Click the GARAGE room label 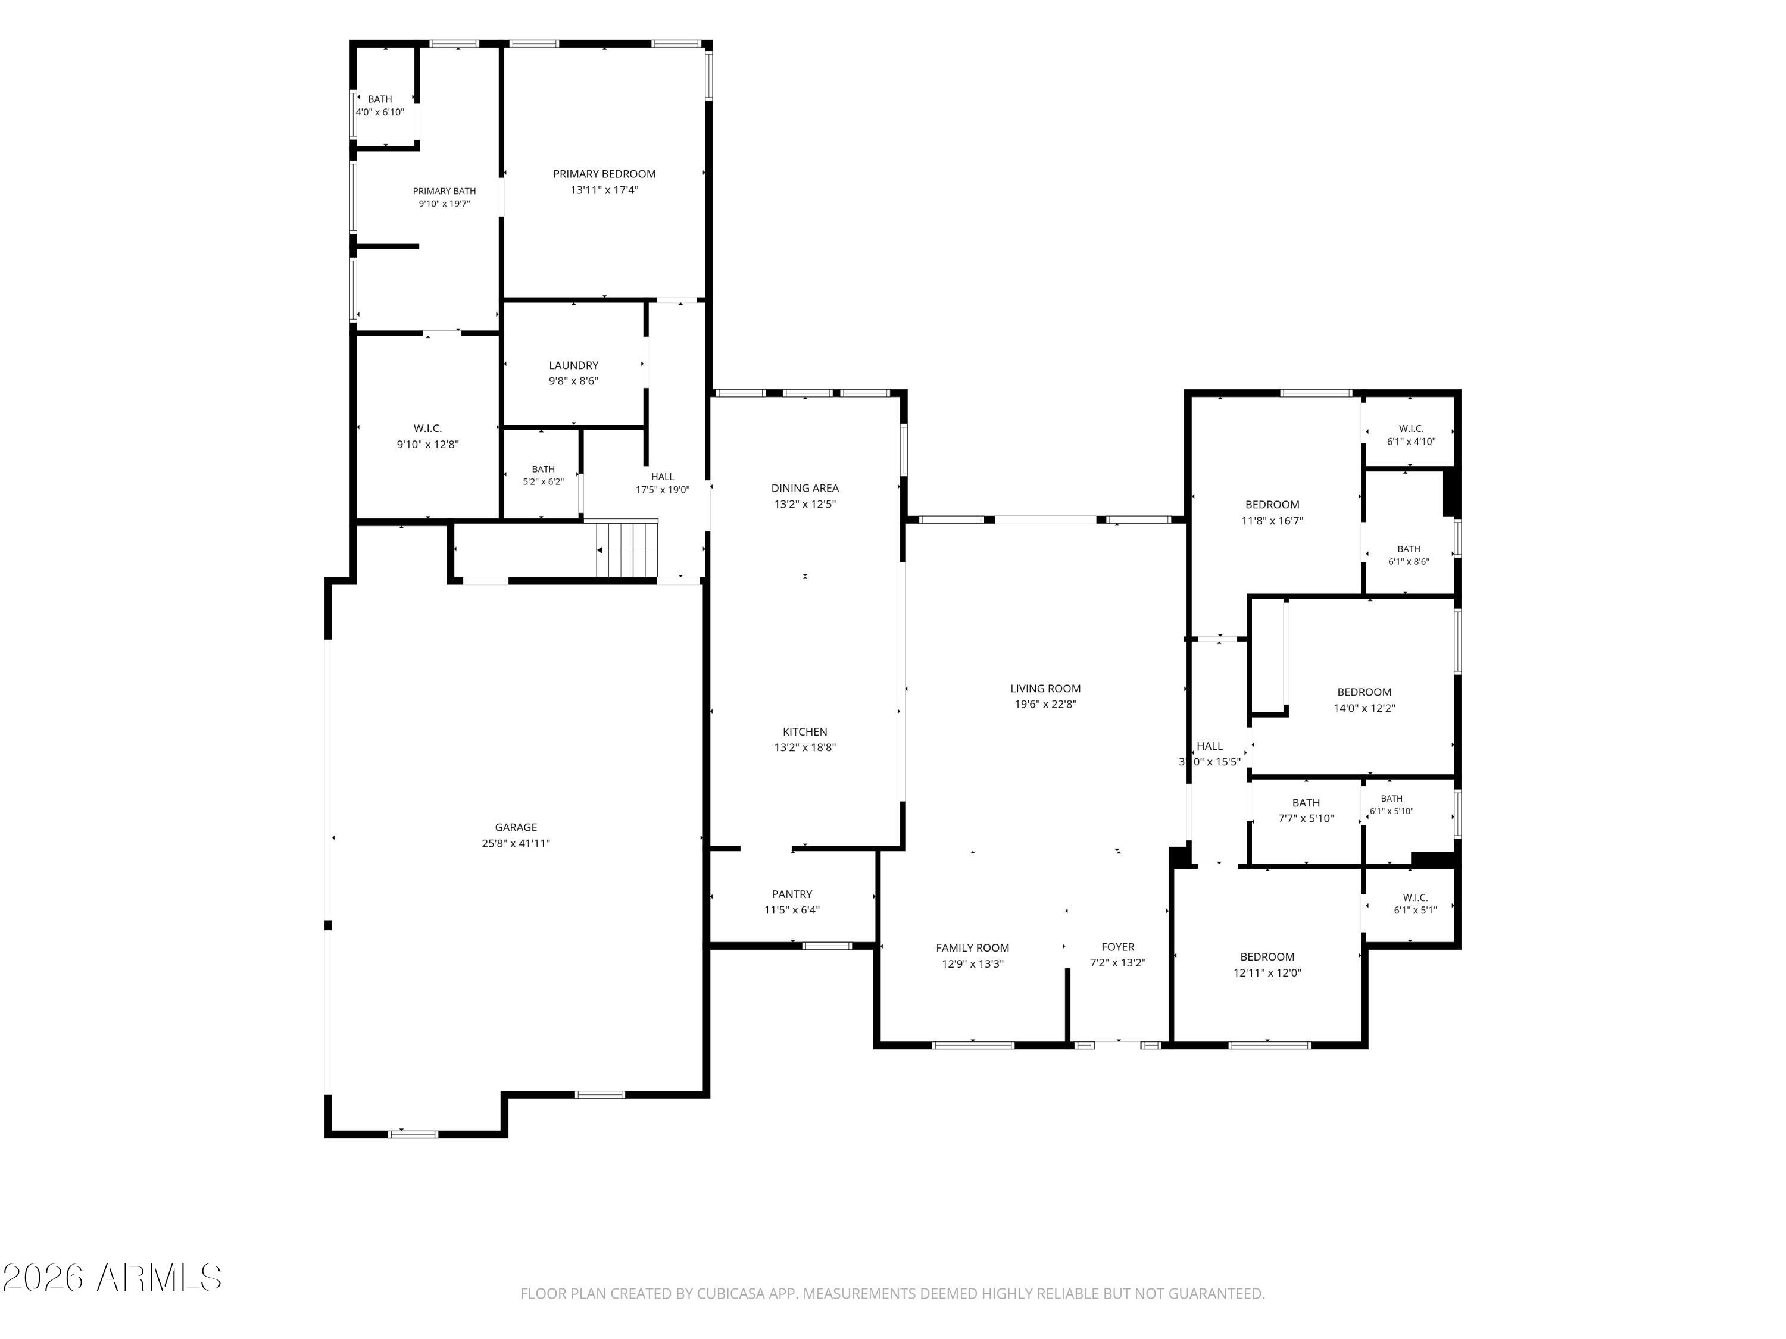(516, 827)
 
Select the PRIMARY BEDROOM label (604, 174)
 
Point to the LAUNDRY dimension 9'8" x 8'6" (573, 381)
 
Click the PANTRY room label (792, 894)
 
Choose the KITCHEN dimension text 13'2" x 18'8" (805, 747)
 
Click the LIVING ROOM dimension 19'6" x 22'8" (1045, 704)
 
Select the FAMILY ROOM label (972, 947)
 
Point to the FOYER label (1117, 947)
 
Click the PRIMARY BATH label (444, 191)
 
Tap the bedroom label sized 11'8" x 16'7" (1272, 505)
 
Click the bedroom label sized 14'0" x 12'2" (1365, 692)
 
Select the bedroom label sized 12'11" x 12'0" (1267, 956)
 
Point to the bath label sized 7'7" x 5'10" (1306, 802)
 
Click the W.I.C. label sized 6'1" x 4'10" (1412, 428)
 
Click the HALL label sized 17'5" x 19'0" (662, 477)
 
